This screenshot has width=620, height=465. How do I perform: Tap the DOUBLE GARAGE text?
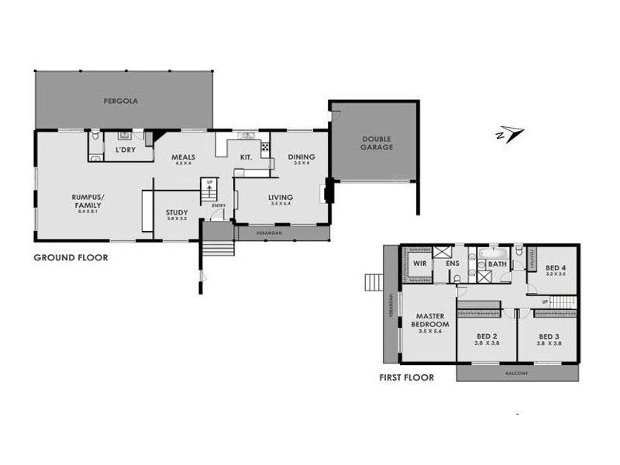377,143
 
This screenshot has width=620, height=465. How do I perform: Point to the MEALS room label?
183,157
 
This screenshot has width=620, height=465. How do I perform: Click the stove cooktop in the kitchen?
265,146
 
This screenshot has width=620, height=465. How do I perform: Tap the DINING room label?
301,157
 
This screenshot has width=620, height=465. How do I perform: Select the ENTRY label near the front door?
219,205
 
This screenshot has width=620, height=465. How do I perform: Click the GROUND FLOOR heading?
71,258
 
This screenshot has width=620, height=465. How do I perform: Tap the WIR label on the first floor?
420,263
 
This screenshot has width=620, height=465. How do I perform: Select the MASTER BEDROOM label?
429,320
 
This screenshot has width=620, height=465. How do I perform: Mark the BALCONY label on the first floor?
517,374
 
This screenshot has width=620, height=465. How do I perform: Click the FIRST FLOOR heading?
406,378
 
